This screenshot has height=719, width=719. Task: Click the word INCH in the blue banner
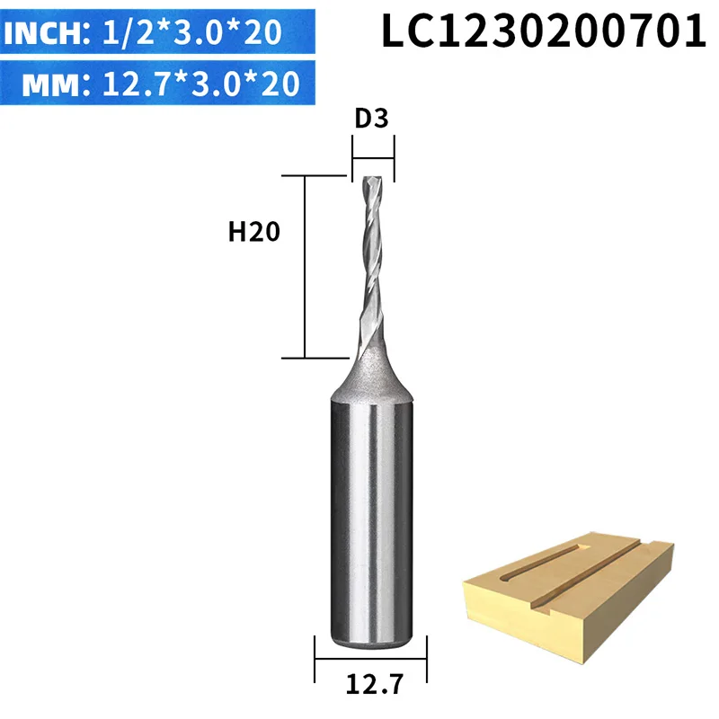43,32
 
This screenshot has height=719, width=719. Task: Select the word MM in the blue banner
51,84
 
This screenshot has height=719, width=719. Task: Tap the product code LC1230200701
544,31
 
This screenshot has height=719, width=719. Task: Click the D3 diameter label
371,119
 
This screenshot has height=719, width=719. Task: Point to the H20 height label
254,232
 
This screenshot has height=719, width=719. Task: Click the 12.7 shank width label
375,685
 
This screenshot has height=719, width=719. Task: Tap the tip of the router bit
372,178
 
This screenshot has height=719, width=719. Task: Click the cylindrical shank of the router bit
371,523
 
